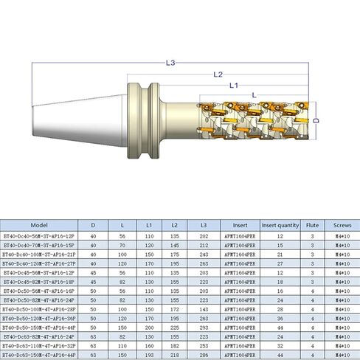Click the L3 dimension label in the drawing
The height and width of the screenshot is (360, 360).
pyautogui.click(x=171, y=63)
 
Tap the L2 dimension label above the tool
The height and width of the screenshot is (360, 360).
pyautogui.click(x=218, y=75)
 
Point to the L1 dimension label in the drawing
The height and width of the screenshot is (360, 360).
pyautogui.click(x=232, y=86)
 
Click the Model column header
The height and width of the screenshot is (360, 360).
pyautogui.click(x=40, y=225)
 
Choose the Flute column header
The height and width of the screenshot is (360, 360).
pyautogui.click(x=312, y=225)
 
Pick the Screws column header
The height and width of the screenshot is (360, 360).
pyautogui.click(x=342, y=225)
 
